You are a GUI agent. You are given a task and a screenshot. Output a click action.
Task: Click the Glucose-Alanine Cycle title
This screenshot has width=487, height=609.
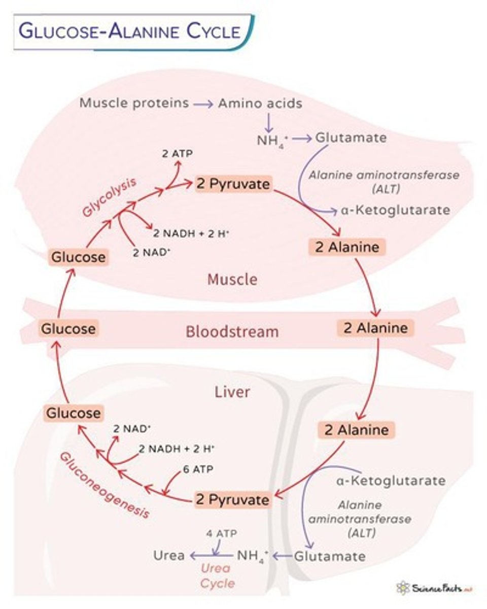click(x=129, y=31)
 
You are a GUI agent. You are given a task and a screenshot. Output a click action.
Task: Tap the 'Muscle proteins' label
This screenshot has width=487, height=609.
click(x=134, y=104)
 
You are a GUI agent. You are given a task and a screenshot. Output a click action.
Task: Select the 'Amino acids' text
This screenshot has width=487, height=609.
click(x=260, y=104)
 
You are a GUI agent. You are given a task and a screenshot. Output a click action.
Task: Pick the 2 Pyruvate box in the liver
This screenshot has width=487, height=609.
click(x=232, y=500)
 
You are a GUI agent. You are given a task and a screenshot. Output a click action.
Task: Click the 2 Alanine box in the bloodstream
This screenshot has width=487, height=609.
click(x=375, y=328)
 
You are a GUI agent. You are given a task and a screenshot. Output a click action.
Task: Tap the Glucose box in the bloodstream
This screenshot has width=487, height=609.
click(x=68, y=329)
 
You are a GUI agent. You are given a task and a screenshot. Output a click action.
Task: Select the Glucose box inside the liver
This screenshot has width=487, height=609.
click(x=74, y=413)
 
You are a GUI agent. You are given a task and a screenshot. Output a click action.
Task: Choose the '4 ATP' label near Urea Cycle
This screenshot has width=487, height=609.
click(x=221, y=534)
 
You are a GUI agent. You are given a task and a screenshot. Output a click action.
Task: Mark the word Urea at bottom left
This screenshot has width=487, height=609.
click(x=169, y=555)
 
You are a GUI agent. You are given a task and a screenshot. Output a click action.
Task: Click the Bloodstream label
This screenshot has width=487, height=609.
click(x=232, y=332)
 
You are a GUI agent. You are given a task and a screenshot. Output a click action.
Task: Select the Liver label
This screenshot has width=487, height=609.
click(x=232, y=392)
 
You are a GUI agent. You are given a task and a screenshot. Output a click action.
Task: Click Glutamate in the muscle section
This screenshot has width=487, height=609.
click(x=351, y=138)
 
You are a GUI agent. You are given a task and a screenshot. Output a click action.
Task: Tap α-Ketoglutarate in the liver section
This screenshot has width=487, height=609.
click(x=391, y=480)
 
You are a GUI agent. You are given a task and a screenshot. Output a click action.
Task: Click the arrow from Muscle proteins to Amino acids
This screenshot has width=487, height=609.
click(x=203, y=104)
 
